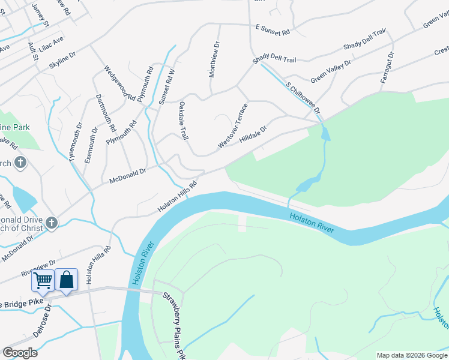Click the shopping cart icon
(x=42, y=280)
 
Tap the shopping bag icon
(x=66, y=280)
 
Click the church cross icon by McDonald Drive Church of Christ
(x=52, y=224)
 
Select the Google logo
(x=20, y=353)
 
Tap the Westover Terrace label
(x=233, y=126)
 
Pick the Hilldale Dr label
(x=253, y=133)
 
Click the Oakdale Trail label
(x=184, y=121)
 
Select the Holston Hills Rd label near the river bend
(x=178, y=197)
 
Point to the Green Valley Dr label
(x=334, y=70)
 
